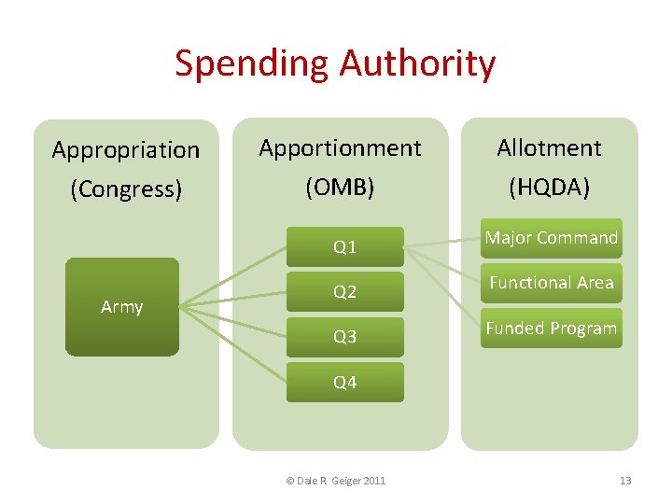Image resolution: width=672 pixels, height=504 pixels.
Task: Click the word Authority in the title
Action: (417, 63)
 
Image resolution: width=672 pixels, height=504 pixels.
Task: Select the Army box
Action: (121, 306)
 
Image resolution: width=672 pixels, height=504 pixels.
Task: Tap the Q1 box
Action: (345, 247)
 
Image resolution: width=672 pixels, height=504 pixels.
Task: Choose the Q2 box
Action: (345, 292)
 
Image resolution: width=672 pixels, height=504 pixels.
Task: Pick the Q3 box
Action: (345, 337)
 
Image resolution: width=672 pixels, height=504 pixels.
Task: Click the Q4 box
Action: (345, 382)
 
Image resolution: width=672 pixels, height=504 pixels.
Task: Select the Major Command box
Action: (551, 238)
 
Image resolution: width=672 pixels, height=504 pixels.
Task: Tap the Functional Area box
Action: (551, 283)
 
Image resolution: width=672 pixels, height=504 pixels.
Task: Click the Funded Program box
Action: (551, 329)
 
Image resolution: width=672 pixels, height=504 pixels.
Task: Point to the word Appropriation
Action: (126, 149)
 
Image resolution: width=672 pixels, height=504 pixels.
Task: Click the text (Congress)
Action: (126, 189)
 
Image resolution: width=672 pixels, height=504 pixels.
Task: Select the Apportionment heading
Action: (340, 147)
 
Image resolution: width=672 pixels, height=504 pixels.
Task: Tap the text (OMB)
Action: (340, 188)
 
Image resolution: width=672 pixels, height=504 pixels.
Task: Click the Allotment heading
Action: (549, 147)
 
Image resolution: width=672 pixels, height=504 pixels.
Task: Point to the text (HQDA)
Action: (549, 188)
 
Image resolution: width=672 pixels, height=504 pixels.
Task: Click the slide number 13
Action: (625, 481)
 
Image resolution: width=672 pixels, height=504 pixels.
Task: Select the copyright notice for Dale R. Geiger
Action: (335, 481)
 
